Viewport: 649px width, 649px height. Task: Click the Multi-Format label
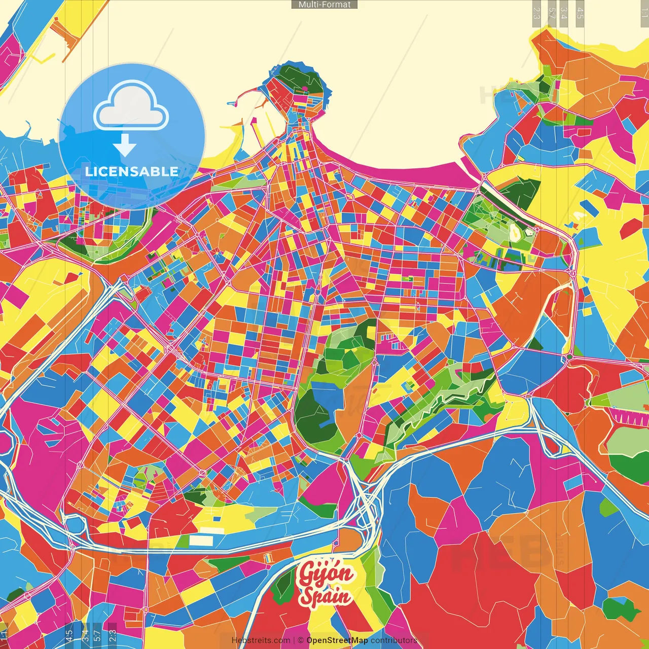pos(324,5)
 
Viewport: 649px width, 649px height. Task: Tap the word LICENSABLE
pos(132,171)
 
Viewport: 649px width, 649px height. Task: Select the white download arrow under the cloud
pos(125,146)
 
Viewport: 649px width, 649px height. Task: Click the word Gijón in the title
pos(326,574)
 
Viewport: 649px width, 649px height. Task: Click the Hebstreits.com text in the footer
pos(261,640)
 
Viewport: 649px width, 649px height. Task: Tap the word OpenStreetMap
pos(337,640)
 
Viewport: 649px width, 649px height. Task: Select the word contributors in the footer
pos(394,640)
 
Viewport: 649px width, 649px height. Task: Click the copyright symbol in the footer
pos(301,640)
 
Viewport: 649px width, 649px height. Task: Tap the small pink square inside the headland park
pos(305,89)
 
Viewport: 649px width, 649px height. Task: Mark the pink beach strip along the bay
pos(406,172)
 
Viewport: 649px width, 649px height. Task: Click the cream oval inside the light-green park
pos(515,232)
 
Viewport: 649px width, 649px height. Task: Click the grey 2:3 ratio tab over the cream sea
pos(536,13)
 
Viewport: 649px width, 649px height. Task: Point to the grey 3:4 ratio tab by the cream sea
pos(564,13)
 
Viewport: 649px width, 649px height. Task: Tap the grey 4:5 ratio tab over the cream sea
pos(580,13)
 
